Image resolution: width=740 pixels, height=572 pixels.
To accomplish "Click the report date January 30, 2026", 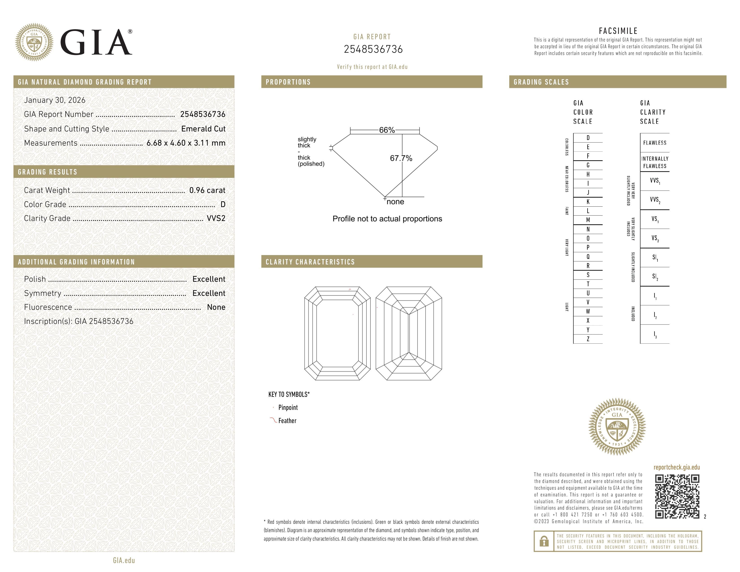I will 54,100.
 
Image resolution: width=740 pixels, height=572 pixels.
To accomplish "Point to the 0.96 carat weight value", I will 207,190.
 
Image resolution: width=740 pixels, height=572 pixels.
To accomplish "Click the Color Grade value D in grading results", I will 223,204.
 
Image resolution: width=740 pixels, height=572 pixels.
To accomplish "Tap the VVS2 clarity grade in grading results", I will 216,218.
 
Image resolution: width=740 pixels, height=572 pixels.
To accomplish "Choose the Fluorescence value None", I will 216,307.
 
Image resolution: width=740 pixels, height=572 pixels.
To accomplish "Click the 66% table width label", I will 387,130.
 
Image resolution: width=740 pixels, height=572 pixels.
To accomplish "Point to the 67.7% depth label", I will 401,158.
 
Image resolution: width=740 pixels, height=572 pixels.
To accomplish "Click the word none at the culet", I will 395,202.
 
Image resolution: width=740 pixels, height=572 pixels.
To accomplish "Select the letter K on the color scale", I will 588,202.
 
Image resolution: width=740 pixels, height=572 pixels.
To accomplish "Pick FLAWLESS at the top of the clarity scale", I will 655,143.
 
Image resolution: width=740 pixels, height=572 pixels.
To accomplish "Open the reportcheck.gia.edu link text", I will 676,467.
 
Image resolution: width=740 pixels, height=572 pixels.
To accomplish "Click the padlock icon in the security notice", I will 544,541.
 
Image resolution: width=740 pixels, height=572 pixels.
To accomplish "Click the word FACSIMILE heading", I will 618,31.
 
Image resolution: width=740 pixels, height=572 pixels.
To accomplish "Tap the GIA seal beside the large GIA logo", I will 34,42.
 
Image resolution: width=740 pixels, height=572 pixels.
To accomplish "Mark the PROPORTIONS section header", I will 288,82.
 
